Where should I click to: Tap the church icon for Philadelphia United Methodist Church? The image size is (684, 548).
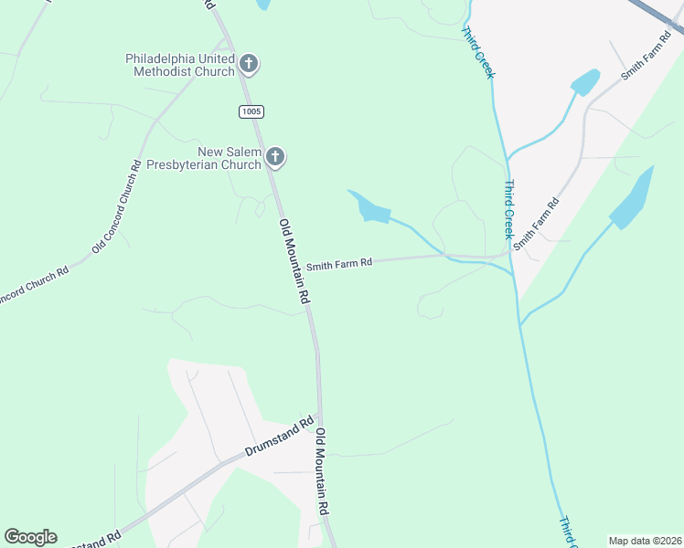coord(248,64)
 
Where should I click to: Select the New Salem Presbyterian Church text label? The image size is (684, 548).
coord(230,158)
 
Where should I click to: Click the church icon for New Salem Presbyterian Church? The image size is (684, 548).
coord(274,158)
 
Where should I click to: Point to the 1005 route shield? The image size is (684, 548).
coord(251,111)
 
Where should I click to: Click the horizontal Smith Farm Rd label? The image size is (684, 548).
coord(339,264)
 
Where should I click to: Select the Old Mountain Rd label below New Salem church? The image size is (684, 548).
coord(294,262)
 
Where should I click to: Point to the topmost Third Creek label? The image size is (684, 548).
coord(477,52)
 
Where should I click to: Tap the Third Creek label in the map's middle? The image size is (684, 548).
coord(509,205)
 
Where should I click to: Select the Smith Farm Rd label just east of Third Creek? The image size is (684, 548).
coord(536,225)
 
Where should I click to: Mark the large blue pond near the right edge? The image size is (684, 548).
coord(634,198)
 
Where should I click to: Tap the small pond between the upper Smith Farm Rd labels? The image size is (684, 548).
coord(585,82)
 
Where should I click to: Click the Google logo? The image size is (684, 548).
coord(30,537)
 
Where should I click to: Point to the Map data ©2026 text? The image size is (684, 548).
coord(645,541)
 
